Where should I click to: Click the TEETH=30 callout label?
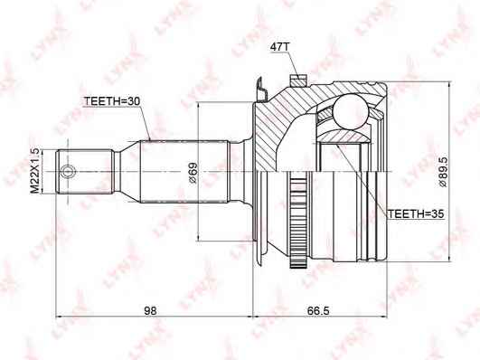click(112, 101)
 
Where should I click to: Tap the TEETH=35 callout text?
click(416, 213)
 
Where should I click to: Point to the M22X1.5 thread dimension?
click(35, 171)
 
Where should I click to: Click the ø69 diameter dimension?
click(193, 173)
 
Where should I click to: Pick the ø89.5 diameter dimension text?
click(442, 172)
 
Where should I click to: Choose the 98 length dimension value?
click(150, 310)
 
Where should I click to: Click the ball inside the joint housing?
click(350, 111)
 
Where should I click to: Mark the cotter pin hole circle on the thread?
click(67, 171)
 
